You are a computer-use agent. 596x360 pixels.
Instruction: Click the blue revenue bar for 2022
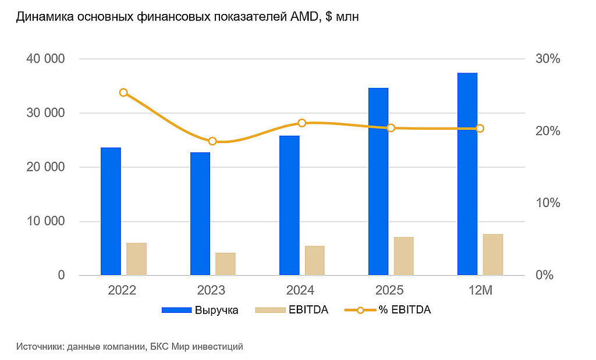[111, 211]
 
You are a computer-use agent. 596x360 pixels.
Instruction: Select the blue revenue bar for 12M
[467, 174]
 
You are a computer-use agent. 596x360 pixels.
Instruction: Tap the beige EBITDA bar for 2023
[225, 264]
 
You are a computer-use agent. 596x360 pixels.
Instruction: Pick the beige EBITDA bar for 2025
[404, 256]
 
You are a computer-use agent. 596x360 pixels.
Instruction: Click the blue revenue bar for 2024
[289, 205]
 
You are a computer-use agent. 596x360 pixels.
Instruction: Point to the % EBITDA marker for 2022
[123, 92]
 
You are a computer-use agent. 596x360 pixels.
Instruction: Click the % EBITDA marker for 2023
[212, 141]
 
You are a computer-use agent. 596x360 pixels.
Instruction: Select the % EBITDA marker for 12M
[480, 129]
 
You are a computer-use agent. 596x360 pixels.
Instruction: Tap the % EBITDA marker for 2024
[302, 123]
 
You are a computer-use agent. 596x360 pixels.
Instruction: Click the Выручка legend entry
[200, 310]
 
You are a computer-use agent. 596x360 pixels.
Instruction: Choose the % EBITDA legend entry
[388, 310]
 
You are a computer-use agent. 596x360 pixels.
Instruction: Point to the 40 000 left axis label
[45, 59]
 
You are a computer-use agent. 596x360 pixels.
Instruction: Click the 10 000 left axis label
[45, 221]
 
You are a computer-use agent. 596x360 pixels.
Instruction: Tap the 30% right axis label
[548, 59]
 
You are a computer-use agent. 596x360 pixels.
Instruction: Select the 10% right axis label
[548, 203]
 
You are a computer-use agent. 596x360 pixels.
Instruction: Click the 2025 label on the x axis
[389, 291]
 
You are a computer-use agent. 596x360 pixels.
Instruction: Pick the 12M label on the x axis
[480, 291]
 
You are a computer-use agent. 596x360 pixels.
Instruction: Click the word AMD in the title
[301, 17]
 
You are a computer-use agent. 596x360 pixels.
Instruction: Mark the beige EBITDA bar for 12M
[493, 254]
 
